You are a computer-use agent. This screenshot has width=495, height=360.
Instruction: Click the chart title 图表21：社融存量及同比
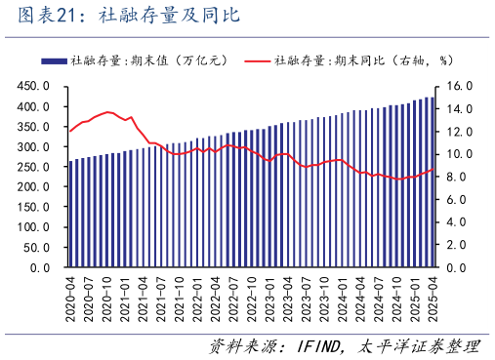(121, 17)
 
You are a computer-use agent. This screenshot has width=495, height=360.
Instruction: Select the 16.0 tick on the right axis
(460, 86)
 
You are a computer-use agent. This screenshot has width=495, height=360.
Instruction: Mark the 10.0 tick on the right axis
(460, 154)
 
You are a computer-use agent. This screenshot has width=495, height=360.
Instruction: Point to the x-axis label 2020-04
(70, 297)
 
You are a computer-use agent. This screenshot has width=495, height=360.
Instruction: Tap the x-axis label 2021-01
(125, 297)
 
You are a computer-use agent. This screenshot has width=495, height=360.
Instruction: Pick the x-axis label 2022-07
(233, 297)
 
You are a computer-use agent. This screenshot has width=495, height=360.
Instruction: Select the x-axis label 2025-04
(432, 297)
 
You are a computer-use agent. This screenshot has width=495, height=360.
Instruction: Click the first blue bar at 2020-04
(70, 215)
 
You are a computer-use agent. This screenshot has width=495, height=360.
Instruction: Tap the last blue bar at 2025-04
(433, 181)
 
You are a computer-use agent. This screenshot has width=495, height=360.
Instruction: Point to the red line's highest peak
(107, 112)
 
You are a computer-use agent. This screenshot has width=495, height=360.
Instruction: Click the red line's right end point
(433, 169)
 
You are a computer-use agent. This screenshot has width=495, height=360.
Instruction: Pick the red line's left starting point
(70, 130)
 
